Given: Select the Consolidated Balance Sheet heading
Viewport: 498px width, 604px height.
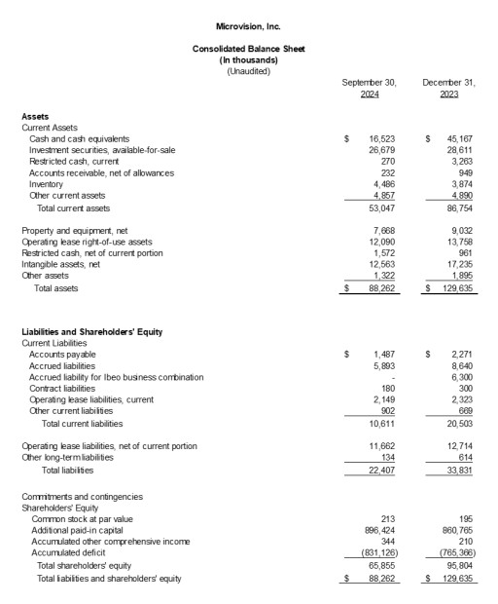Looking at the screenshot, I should (x=248, y=49).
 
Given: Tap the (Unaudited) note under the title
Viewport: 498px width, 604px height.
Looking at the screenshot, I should (x=248, y=71).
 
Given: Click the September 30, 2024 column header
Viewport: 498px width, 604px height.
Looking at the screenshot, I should (x=369, y=88).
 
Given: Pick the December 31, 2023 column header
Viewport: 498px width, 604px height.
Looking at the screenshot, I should (x=448, y=88).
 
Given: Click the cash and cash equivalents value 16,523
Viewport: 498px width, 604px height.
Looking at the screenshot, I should (x=380, y=139).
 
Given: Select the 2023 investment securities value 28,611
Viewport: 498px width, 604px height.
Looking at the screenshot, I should (x=461, y=151).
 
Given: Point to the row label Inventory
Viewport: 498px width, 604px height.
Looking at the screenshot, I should (x=47, y=184).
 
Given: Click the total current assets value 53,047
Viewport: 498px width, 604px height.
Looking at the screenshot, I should (x=380, y=208).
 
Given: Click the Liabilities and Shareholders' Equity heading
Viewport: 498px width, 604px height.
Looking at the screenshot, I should (x=91, y=332).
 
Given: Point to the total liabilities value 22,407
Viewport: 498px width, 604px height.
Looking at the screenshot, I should (x=380, y=471).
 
